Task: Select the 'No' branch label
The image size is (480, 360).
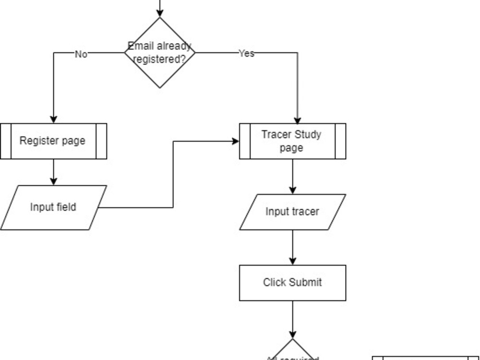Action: pyautogui.click(x=81, y=54)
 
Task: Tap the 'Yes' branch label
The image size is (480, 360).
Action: pyautogui.click(x=246, y=53)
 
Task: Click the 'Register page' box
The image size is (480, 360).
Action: pyautogui.click(x=53, y=141)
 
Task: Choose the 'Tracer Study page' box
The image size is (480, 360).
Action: pyautogui.click(x=292, y=141)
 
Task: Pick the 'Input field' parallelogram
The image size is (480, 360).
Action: pyautogui.click(x=53, y=207)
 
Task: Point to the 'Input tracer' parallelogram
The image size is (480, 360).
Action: pyautogui.click(x=292, y=212)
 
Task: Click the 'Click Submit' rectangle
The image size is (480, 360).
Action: pyautogui.click(x=292, y=283)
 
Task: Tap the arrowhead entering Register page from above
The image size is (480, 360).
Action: pyautogui.click(x=53, y=119)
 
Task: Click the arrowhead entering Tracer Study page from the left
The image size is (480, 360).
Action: pyautogui.click(x=235, y=141)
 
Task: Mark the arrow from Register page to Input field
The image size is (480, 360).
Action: pyautogui.click(x=53, y=172)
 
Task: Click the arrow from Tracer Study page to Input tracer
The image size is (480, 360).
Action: pyautogui.click(x=293, y=176)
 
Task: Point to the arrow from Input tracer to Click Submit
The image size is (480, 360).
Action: pyautogui.click(x=293, y=247)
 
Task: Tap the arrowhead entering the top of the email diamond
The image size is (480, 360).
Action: pyautogui.click(x=160, y=13)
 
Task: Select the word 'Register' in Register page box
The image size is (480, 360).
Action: pyautogui.click(x=38, y=141)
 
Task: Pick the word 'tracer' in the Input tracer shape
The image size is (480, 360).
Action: pyautogui.click(x=306, y=212)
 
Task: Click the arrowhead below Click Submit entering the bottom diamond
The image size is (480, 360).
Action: pyautogui.click(x=293, y=334)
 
